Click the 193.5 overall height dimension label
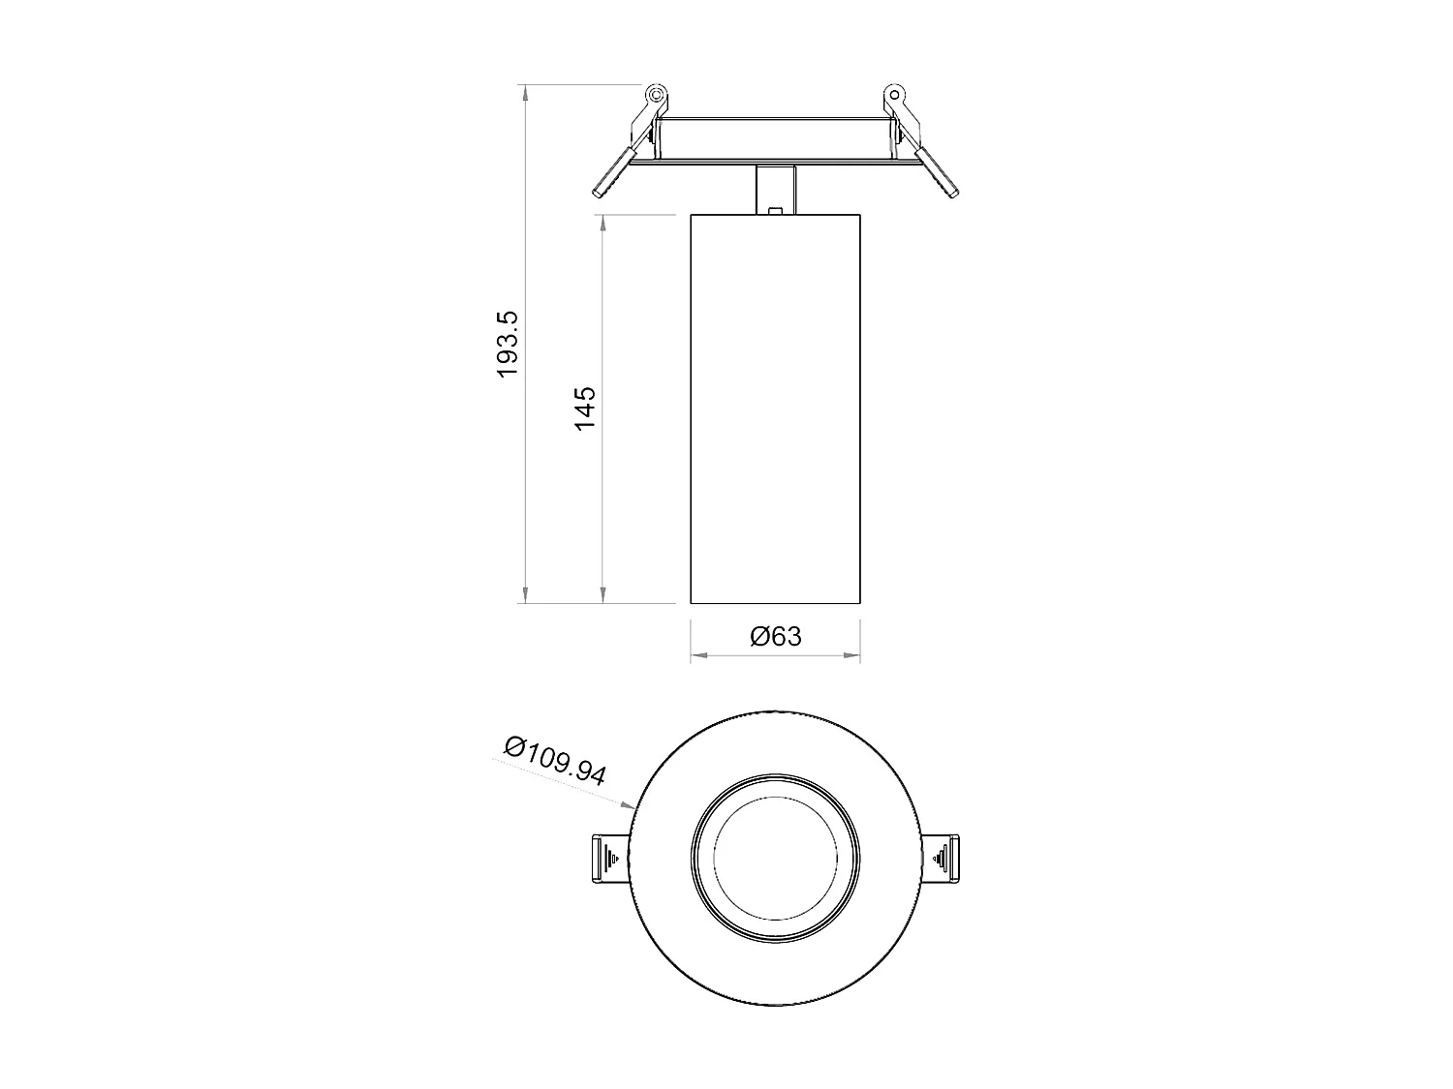pos(509,345)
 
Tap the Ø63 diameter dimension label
pos(776,636)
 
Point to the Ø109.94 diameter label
pos(555,761)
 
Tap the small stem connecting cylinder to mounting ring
pos(775,190)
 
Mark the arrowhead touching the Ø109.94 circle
pos(629,804)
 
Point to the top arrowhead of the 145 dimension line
pos(603,222)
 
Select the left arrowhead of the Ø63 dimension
pos(696,655)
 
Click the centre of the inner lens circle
pos(775,858)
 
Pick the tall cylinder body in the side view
pos(775,407)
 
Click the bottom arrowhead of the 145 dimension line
pos(603,596)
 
